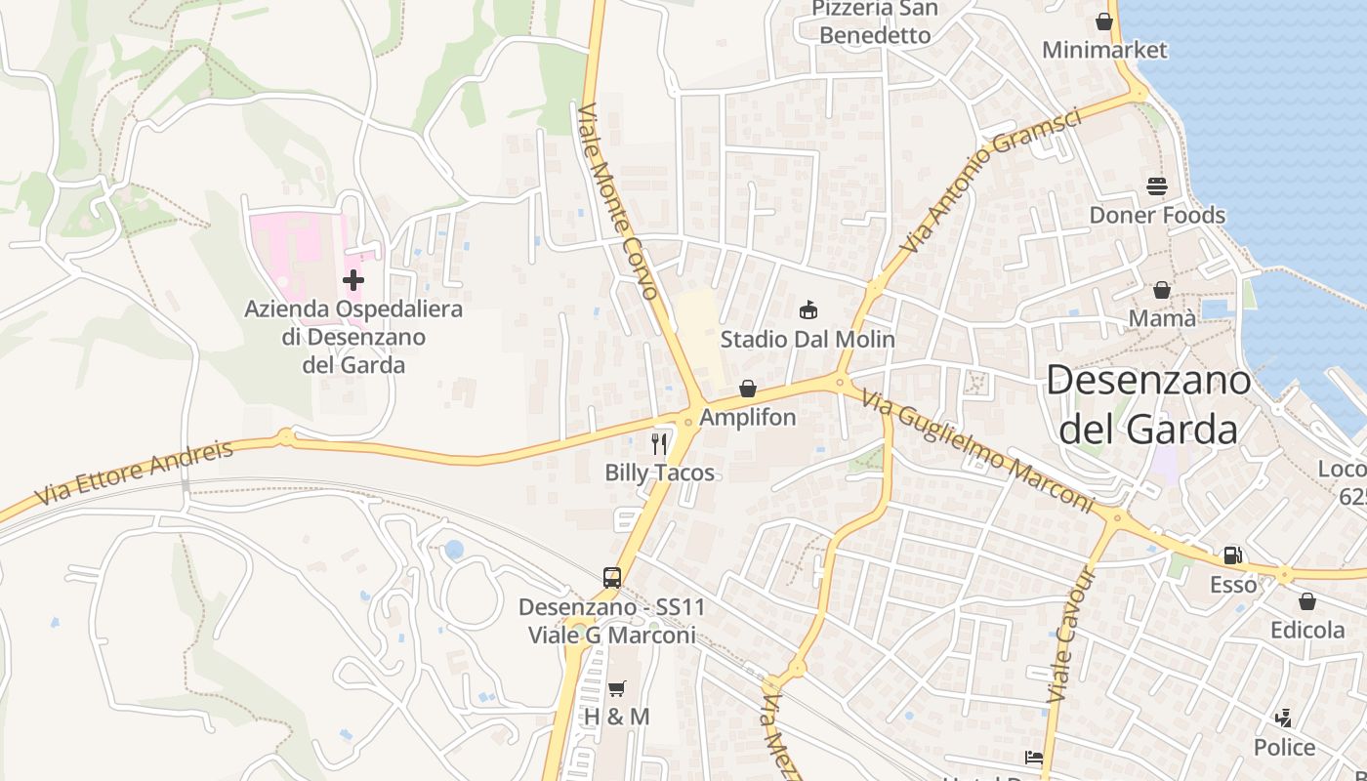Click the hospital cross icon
(353, 280)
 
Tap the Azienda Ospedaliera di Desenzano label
(353, 337)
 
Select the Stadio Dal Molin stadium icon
(808, 310)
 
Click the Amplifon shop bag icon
(748, 389)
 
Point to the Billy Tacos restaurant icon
(659, 444)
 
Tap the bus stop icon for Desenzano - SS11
(612, 577)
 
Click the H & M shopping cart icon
(616, 688)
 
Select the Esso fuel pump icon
(1233, 555)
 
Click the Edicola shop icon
(1307, 601)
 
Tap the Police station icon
(1284, 719)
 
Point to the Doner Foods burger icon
(1157, 185)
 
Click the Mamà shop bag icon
(1162, 290)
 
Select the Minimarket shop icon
(1104, 21)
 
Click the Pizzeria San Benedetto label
(875, 22)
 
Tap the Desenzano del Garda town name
(1148, 404)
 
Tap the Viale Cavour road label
(1072, 635)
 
